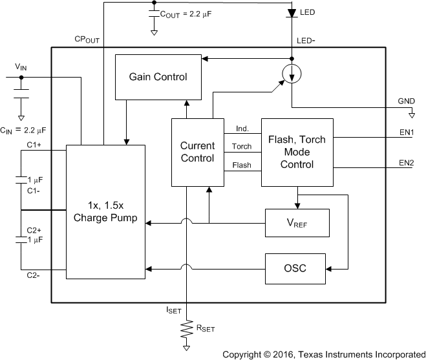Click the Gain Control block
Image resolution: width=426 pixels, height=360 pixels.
coord(158,77)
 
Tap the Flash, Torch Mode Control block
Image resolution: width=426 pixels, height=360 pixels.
coord(297,153)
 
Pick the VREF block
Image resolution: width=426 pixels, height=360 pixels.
coord(297,223)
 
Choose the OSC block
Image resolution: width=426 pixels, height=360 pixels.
coord(297,268)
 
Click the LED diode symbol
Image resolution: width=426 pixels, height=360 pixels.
coord(292,12)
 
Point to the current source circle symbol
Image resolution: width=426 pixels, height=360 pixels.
coord(292,75)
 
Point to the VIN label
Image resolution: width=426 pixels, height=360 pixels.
coord(21,66)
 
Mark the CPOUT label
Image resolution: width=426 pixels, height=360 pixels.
coord(87,39)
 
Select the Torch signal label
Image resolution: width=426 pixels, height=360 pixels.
coord(242,147)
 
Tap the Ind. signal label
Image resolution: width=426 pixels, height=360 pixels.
coord(242,128)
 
